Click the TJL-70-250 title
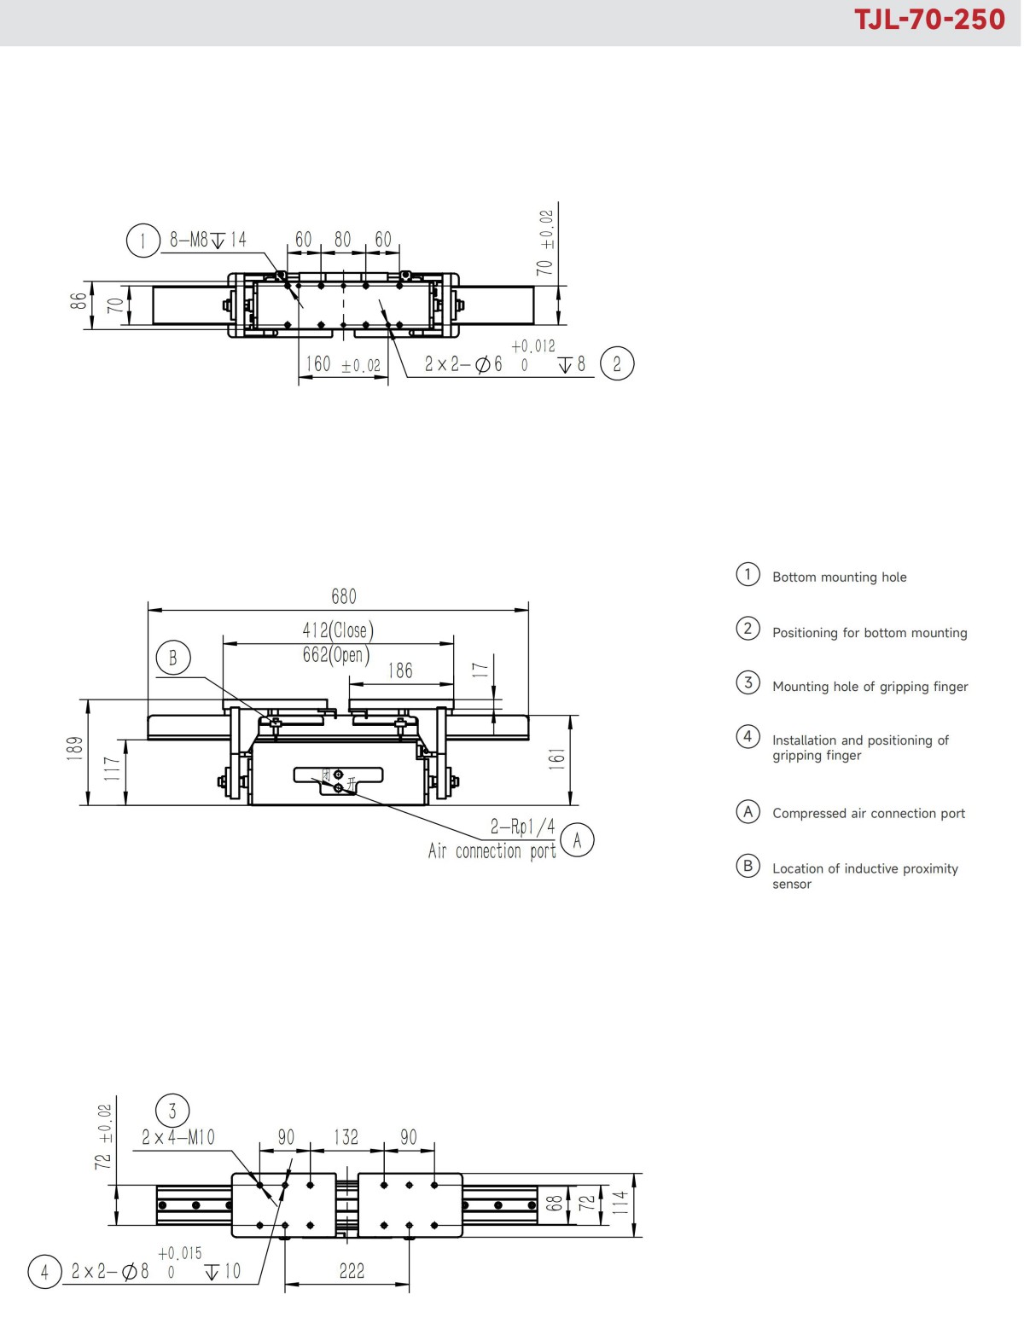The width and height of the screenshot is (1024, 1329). point(929,20)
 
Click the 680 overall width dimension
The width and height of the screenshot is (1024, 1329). point(344,596)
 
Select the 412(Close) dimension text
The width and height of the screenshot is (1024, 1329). point(338,630)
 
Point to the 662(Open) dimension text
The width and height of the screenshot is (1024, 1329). point(336,655)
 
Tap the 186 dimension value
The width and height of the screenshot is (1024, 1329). point(400,671)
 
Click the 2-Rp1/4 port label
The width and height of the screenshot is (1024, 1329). point(522,827)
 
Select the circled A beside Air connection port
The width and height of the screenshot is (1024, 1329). point(578,841)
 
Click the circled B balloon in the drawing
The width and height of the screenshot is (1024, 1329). point(173,658)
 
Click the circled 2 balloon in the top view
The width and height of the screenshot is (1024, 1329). point(617,364)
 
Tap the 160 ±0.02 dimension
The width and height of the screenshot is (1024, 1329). point(343,365)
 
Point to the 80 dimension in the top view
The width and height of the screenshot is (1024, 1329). point(343,240)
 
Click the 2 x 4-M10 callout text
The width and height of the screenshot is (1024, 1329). point(178,1137)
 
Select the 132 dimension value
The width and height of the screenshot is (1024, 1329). point(346,1137)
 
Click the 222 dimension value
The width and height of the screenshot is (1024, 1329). point(352,1271)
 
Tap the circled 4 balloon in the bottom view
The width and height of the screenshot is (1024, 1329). point(44,1271)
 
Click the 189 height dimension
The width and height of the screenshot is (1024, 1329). point(75,748)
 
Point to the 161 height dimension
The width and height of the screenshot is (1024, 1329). point(556,758)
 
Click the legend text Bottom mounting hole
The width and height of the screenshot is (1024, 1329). point(839,577)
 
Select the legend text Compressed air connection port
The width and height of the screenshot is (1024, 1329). point(869,814)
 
